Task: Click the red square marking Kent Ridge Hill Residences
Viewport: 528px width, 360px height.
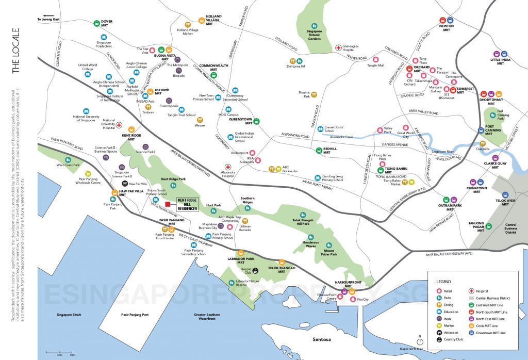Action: coord(168,205)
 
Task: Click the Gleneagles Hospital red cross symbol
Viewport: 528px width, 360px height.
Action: coord(339,47)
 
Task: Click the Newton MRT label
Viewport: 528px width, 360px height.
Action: coord(445,27)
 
